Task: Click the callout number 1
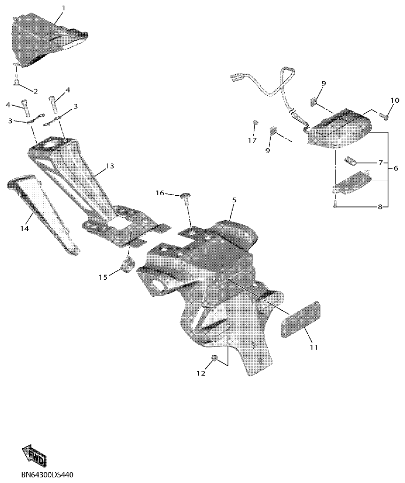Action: [64, 8]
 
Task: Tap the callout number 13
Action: [109, 166]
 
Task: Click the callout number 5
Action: [234, 199]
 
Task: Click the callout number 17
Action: [252, 140]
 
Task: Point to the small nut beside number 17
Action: [255, 123]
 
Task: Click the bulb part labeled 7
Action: [351, 161]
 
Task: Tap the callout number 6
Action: [395, 168]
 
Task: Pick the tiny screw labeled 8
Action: [335, 203]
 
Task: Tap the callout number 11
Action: [313, 347]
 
